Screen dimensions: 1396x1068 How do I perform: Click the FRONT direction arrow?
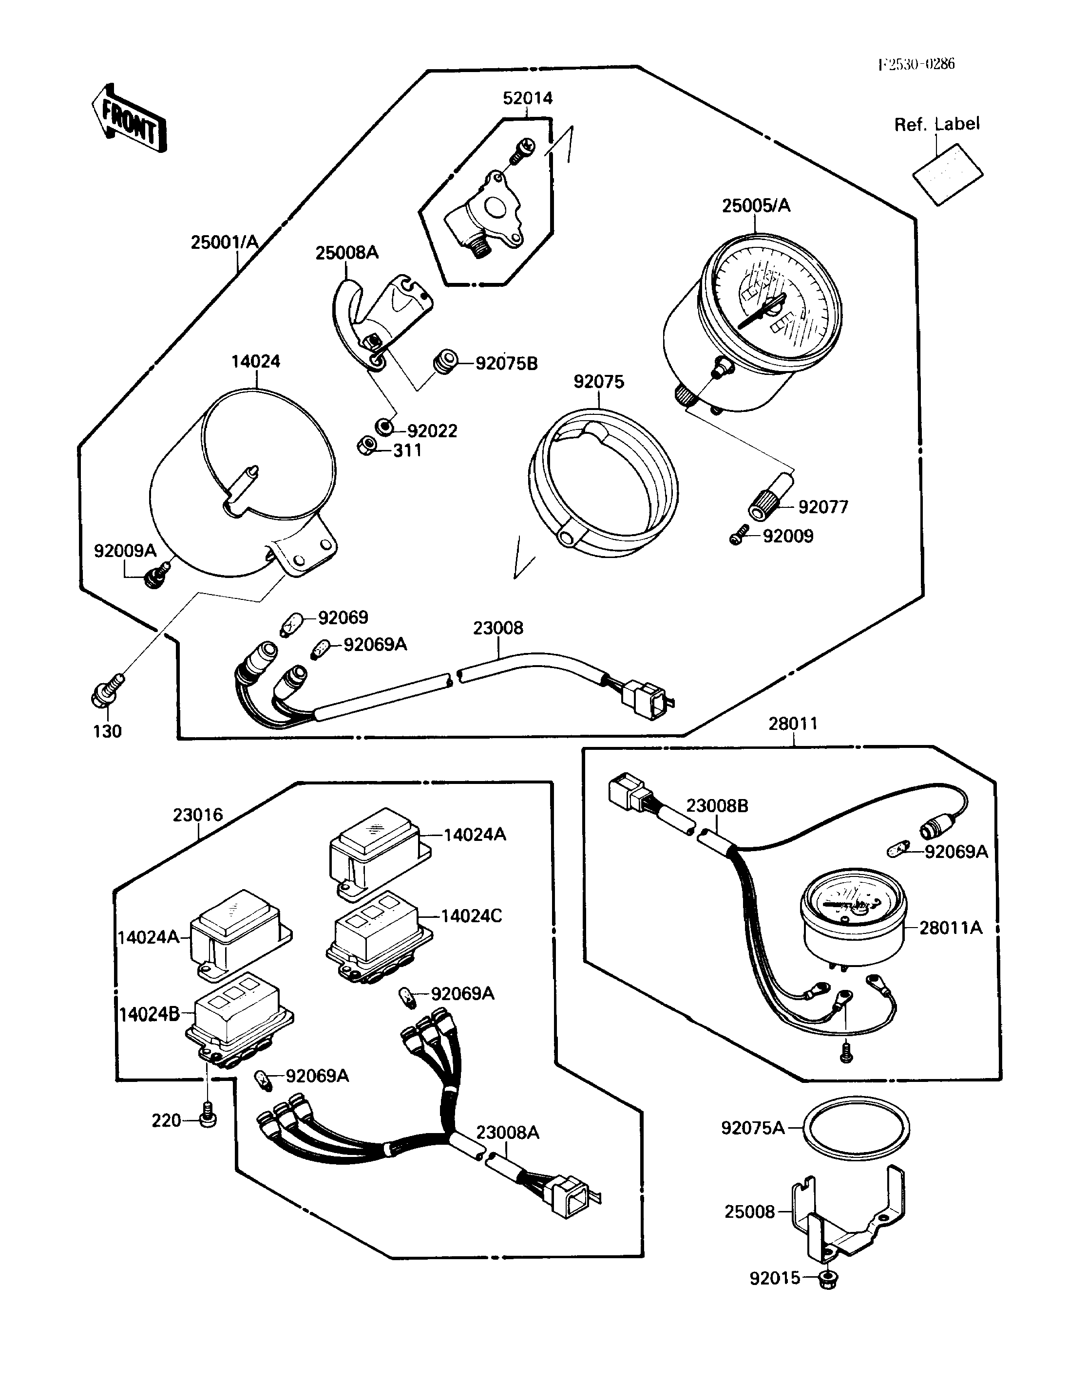tap(129, 119)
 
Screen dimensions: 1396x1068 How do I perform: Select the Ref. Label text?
tap(936, 125)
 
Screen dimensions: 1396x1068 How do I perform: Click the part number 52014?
tap(528, 98)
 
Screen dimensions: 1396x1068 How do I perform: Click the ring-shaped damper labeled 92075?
tap(603, 483)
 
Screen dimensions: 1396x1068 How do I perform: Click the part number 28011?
tap(793, 724)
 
